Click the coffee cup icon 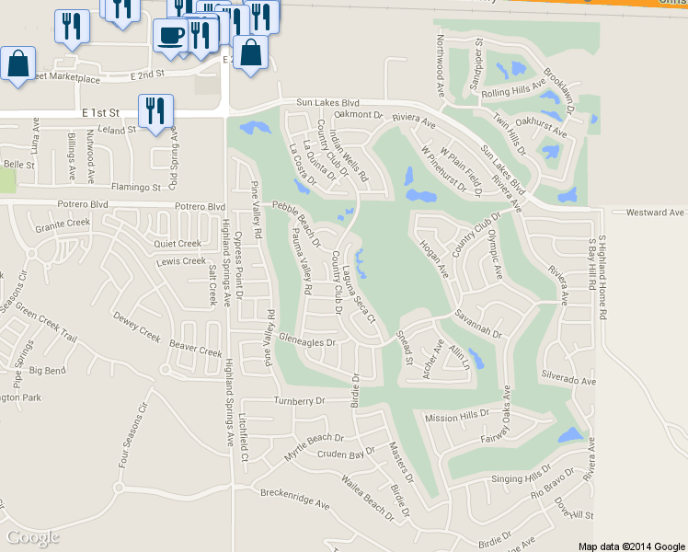point(170,35)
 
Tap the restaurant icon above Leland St point(155,110)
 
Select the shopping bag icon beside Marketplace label point(18,64)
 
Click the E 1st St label point(100,112)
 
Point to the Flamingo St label point(136,187)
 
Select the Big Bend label point(48,371)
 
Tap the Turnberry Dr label point(301,401)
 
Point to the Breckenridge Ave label point(294,505)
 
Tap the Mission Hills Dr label point(457,417)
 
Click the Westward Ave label point(655,213)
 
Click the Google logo point(32,537)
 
